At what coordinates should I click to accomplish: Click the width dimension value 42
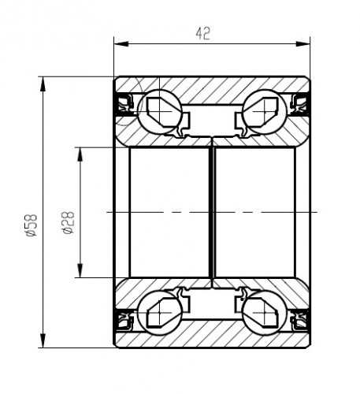pyautogui.click(x=203, y=33)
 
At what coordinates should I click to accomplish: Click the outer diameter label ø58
pyautogui.click(x=32, y=225)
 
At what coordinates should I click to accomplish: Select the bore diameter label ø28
pyautogui.click(x=68, y=222)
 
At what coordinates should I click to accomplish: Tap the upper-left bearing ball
pyautogui.click(x=160, y=111)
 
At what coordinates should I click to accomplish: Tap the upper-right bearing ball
pyautogui.click(x=264, y=111)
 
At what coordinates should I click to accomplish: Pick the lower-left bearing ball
pyautogui.click(x=160, y=313)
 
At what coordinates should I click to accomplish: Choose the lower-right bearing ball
pyautogui.click(x=264, y=313)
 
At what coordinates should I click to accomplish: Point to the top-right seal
pyautogui.click(x=299, y=104)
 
